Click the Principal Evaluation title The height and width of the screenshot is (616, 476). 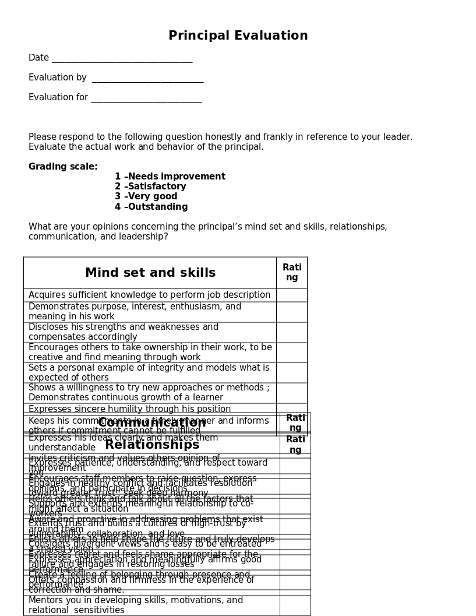[x=238, y=36]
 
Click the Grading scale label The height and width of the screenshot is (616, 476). [x=63, y=167]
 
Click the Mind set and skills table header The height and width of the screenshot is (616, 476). [x=150, y=273]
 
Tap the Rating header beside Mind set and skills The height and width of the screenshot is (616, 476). [x=292, y=272]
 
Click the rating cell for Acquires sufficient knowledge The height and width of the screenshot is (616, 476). [x=291, y=295]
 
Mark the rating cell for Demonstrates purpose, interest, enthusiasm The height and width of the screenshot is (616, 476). [x=291, y=312]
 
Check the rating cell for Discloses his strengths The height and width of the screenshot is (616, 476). [x=291, y=332]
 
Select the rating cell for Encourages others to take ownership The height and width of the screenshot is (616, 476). [x=291, y=353]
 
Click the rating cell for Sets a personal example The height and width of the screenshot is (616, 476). [x=291, y=372]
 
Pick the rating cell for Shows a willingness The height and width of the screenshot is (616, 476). [x=291, y=393]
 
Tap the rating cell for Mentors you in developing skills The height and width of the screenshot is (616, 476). [x=295, y=605]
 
